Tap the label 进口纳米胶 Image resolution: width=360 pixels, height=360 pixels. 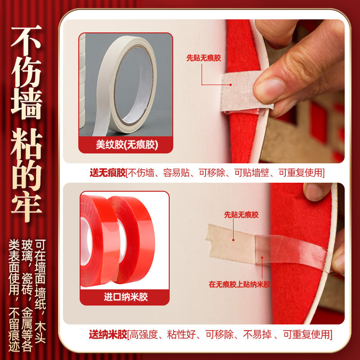click(x=126, y=297)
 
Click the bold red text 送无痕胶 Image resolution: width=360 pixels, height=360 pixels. click(x=107, y=173)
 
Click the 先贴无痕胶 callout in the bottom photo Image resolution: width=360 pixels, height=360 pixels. click(x=242, y=215)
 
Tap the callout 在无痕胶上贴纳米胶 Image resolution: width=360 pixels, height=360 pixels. click(x=239, y=284)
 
